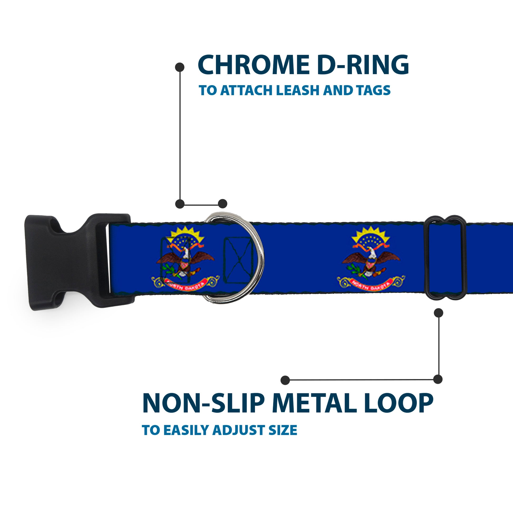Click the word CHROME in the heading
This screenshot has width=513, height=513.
click(254, 65)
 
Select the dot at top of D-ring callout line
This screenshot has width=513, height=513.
click(180, 67)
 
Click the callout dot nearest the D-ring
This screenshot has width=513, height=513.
click(222, 204)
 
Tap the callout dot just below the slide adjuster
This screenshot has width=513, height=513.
click(438, 313)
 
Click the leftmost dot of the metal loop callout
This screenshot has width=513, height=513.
click(285, 380)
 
